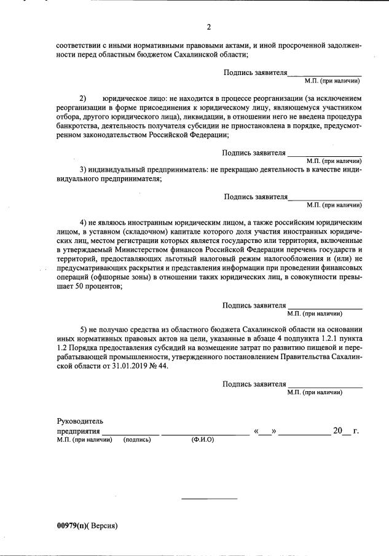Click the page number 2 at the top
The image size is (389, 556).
(x=209, y=26)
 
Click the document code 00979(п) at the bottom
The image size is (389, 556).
(x=73, y=526)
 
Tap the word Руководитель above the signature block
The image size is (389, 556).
(x=80, y=421)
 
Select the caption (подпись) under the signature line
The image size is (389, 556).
(x=137, y=440)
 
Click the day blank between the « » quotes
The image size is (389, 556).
(x=265, y=432)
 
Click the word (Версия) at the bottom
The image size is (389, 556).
(x=103, y=526)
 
